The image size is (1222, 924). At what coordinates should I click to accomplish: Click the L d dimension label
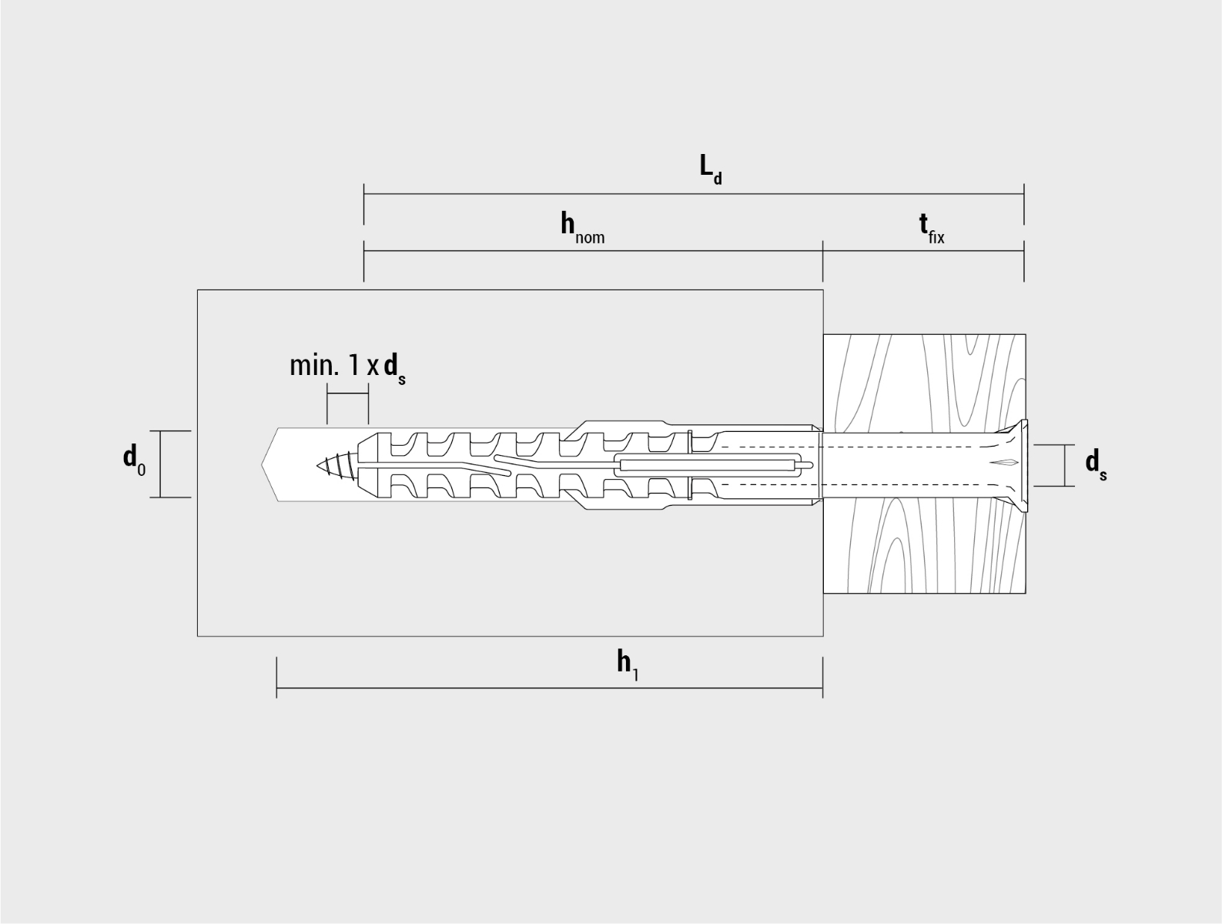click(x=711, y=169)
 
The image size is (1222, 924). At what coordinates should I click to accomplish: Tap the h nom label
click(x=582, y=228)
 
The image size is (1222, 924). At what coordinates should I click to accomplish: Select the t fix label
click(x=932, y=228)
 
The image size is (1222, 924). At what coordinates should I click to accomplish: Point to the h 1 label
click(x=628, y=666)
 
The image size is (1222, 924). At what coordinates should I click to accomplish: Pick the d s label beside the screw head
click(x=1096, y=465)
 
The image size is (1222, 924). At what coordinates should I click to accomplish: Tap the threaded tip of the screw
click(x=335, y=465)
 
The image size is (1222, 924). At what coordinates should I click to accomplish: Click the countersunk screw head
click(x=1009, y=465)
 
